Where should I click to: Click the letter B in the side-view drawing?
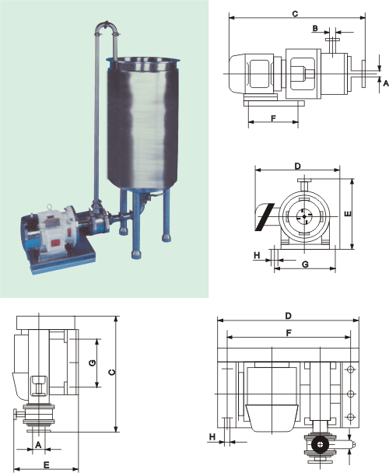pyautogui.click(x=315, y=28)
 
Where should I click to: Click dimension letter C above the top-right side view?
pyautogui.click(x=295, y=13)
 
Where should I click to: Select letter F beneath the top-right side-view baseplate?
pyautogui.click(x=273, y=118)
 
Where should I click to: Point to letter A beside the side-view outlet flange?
pyautogui.click(x=386, y=83)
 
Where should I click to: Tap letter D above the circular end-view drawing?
pyautogui.click(x=297, y=166)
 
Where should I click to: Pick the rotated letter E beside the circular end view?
pyautogui.click(x=348, y=214)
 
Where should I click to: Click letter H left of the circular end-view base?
pyautogui.click(x=257, y=255)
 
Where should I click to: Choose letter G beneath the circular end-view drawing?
pyautogui.click(x=306, y=265)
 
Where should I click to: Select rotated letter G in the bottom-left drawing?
pyautogui.click(x=93, y=363)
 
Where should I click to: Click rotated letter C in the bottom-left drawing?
pyautogui.click(x=112, y=372)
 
